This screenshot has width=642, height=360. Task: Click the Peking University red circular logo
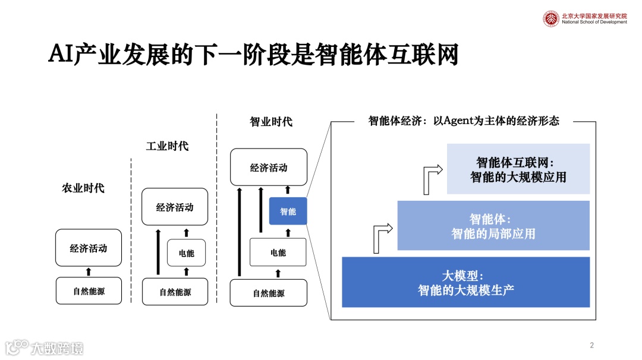click(551, 18)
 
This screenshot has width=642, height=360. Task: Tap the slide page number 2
click(591, 345)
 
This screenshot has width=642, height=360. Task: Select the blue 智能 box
click(288, 211)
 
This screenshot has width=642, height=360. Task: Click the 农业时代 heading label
click(83, 188)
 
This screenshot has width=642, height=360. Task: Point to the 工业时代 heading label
click(167, 146)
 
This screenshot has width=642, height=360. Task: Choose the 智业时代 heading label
click(271, 122)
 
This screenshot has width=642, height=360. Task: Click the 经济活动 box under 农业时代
click(89, 248)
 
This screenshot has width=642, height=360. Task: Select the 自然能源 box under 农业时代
click(89, 291)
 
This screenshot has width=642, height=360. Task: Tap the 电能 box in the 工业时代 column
click(186, 253)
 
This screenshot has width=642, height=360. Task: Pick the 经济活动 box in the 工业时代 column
click(175, 207)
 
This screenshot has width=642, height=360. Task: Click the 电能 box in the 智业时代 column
click(278, 252)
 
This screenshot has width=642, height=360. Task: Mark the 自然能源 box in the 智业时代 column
click(269, 293)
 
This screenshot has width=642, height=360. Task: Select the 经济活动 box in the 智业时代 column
click(269, 168)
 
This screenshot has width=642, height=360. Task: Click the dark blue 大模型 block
click(465, 282)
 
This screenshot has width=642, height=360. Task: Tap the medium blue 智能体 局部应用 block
click(493, 226)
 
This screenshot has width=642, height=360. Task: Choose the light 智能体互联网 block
click(518, 169)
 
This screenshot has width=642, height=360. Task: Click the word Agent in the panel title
click(454, 121)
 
